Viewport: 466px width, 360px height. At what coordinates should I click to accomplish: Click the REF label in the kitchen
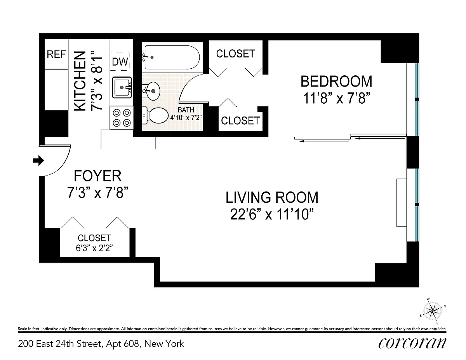coord(56,54)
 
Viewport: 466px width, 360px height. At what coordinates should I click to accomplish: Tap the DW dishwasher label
coord(120,62)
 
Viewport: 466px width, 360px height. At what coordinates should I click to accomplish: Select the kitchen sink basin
coord(122,87)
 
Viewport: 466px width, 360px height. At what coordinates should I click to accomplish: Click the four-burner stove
coord(122,118)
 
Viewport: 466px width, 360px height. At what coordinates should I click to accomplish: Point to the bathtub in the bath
coord(172,57)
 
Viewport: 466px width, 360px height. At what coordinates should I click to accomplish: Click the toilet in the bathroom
coord(155,115)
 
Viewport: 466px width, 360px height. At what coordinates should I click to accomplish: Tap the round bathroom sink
coord(151,91)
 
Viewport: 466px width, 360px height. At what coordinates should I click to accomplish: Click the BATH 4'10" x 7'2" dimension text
coord(186,114)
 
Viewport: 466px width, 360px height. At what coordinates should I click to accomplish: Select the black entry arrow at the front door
coord(38,160)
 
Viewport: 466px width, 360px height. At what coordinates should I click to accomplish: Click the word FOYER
coord(97,176)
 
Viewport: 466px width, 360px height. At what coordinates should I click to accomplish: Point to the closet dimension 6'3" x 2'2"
coord(94,248)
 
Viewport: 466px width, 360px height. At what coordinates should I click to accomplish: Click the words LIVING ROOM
coord(272,197)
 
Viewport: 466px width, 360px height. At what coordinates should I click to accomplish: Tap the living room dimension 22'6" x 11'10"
coord(272,214)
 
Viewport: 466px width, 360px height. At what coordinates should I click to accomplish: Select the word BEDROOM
coord(336,81)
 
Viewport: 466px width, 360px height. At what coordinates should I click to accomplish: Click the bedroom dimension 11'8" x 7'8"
coord(337,98)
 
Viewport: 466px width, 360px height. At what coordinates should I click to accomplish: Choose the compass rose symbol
coord(433,311)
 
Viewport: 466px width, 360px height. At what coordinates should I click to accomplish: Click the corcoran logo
coord(412,343)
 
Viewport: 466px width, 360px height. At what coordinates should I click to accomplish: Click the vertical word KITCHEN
coord(80,81)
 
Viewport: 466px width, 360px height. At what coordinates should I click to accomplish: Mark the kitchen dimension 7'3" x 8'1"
coord(97,81)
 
